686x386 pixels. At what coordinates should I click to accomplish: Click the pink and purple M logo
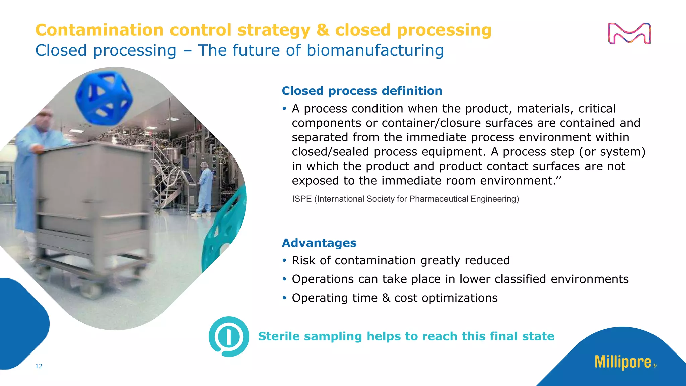click(x=629, y=34)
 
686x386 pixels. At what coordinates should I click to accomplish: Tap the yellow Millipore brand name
click(x=623, y=362)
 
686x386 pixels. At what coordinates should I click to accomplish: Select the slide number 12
click(x=39, y=366)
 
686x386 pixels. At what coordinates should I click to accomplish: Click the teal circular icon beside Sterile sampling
click(x=229, y=336)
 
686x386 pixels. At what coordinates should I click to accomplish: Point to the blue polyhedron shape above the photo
click(x=104, y=97)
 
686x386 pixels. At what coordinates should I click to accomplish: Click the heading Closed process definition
click(x=362, y=91)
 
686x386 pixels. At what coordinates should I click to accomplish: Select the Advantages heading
click(x=319, y=243)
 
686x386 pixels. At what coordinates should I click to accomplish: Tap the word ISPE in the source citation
click(x=302, y=199)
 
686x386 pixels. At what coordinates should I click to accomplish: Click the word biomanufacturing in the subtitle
click(x=375, y=50)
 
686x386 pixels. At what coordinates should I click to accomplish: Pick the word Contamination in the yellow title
click(x=99, y=30)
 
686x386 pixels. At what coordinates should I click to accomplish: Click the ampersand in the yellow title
click(x=323, y=30)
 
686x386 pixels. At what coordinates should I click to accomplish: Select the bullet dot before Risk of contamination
click(x=284, y=260)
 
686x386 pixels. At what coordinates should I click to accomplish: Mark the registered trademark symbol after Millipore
click(x=655, y=366)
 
